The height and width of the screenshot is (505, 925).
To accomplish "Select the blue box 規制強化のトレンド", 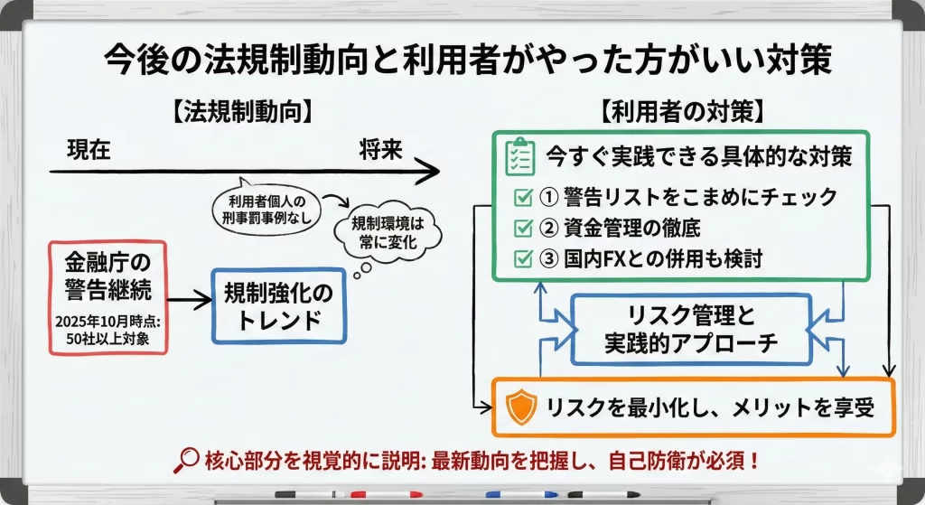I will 278,305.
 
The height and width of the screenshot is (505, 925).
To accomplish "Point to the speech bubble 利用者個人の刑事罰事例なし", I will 268,206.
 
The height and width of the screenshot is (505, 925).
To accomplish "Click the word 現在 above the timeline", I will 89,150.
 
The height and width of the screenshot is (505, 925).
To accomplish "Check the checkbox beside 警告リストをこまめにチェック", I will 522,197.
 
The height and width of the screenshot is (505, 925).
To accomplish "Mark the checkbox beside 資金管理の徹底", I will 522,228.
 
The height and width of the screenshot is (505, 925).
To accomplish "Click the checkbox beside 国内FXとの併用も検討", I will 522,258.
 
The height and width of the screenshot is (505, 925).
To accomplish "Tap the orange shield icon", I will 520,408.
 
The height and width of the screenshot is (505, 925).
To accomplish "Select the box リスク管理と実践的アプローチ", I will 690,329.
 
